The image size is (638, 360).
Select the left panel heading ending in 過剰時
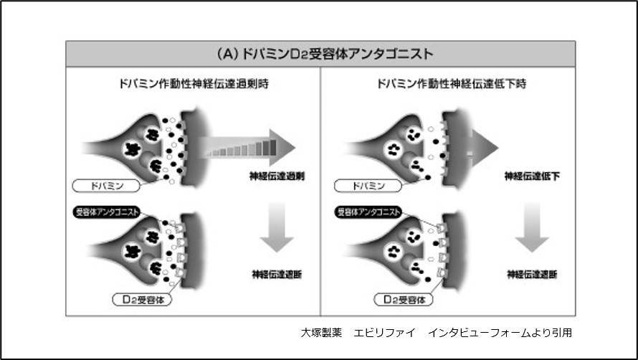194,83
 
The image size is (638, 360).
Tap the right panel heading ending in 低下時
452,83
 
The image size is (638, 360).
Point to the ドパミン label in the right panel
368,185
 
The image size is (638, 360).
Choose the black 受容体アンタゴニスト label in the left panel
107,212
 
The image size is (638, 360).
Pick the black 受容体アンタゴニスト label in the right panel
368,212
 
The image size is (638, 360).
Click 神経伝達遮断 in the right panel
532,274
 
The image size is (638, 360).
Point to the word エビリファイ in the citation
379,333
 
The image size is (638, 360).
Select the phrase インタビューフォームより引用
499,333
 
